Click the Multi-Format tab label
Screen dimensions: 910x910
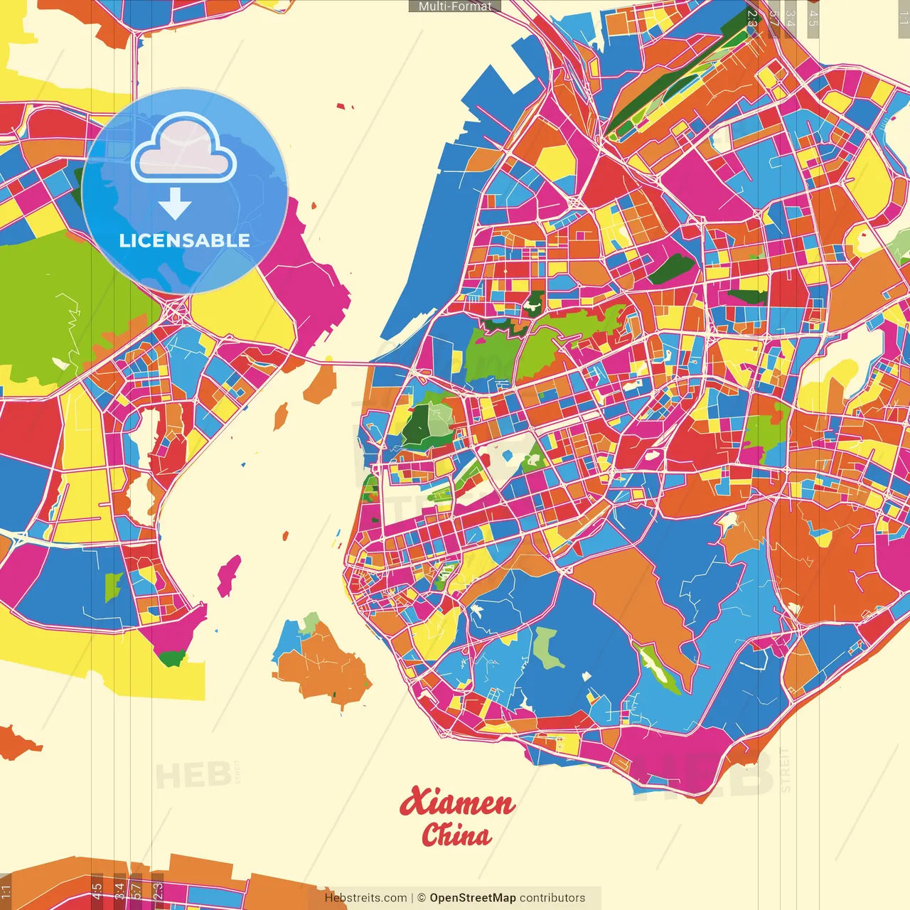[x=455, y=6]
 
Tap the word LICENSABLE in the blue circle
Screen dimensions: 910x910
[x=184, y=240]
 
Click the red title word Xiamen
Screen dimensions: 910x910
[x=456, y=803]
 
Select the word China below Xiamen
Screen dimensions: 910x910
[x=456, y=835]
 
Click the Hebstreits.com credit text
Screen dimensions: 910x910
[x=365, y=898]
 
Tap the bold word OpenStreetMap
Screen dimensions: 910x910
[x=472, y=898]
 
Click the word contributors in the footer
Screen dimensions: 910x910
[x=552, y=898]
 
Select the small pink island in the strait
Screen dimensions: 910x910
[x=228, y=574]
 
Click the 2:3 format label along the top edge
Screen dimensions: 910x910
[x=751, y=18]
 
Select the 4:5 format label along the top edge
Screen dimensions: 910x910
[x=813, y=18]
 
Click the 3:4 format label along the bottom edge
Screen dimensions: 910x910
[x=119, y=889]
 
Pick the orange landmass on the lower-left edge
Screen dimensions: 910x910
[x=18, y=743]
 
